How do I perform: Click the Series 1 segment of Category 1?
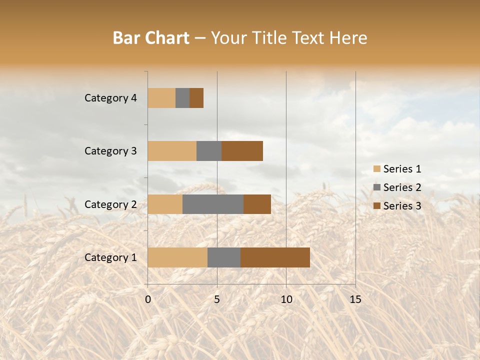coord(177,257)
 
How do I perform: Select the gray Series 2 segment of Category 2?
coord(213,204)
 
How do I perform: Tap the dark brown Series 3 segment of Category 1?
coord(275,257)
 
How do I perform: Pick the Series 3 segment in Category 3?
coord(242,151)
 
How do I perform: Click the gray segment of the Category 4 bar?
coord(182,98)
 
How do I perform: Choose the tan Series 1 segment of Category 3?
coord(172,151)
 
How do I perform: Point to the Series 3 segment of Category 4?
coord(196,98)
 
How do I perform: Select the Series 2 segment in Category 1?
coord(224,257)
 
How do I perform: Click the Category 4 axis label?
coord(110,98)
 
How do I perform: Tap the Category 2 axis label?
coord(110,204)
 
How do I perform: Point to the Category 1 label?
coord(110,257)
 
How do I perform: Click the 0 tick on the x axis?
coord(148,299)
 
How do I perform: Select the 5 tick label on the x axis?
coord(217,299)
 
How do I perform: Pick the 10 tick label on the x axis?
coord(286,299)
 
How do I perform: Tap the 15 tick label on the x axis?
coord(355,299)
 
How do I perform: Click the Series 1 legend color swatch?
coord(377,169)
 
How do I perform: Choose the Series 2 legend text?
coord(402,187)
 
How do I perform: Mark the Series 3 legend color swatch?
coord(377,206)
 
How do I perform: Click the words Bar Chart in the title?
coord(151,38)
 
